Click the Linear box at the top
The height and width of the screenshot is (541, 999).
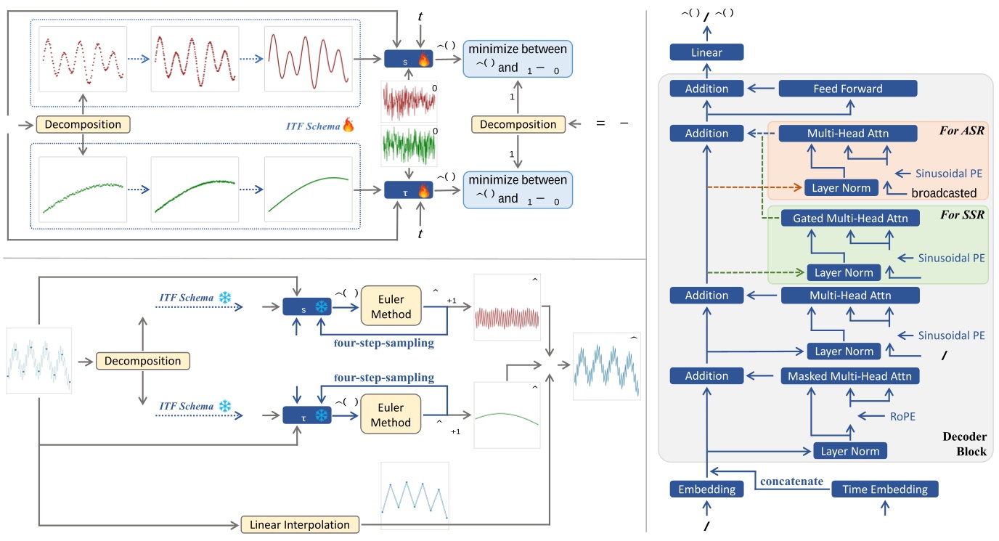(706, 52)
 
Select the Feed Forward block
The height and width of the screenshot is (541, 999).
(847, 89)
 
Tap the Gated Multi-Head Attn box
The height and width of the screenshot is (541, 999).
(850, 218)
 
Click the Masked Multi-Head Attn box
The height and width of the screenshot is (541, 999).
(850, 376)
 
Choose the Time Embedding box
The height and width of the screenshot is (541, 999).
(884, 489)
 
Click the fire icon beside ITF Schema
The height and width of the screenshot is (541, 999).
(348, 126)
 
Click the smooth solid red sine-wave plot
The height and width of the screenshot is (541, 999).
(309, 59)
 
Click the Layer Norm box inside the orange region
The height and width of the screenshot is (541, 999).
(841, 187)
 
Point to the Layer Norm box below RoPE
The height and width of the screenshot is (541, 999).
(849, 451)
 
